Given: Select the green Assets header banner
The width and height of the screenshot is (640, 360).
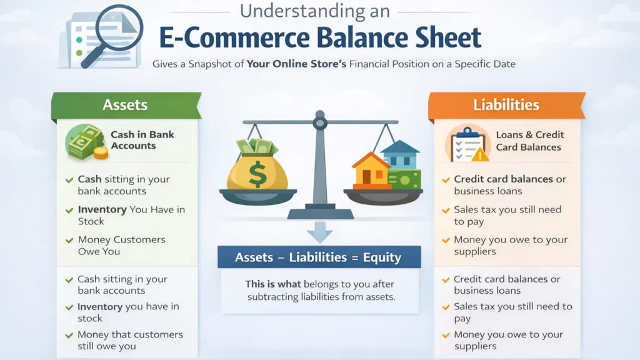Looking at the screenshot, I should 126,104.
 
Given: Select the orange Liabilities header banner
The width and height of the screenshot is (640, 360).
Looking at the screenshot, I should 506,104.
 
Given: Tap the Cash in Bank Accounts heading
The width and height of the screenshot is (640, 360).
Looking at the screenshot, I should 142,140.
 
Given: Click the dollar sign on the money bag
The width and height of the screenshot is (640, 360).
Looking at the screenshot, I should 257,173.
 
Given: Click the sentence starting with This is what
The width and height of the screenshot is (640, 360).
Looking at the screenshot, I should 321,290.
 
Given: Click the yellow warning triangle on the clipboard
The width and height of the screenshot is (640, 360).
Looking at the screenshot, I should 479,154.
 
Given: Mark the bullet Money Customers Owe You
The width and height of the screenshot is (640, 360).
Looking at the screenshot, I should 121,246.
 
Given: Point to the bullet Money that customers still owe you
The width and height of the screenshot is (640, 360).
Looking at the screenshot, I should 130,341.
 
